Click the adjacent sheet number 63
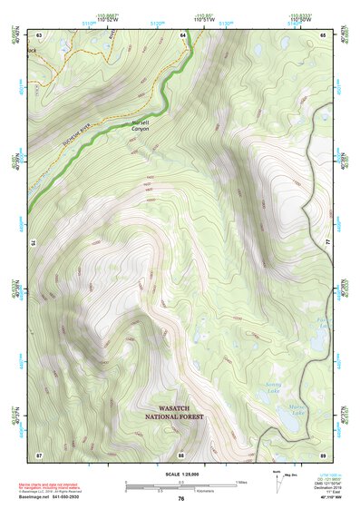pos(39,34)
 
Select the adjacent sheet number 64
pos(181,34)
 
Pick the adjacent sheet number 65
pos(323,34)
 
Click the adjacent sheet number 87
pos(39,454)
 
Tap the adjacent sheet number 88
pos(181,454)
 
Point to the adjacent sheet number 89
pos(323,454)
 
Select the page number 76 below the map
pos(181,498)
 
